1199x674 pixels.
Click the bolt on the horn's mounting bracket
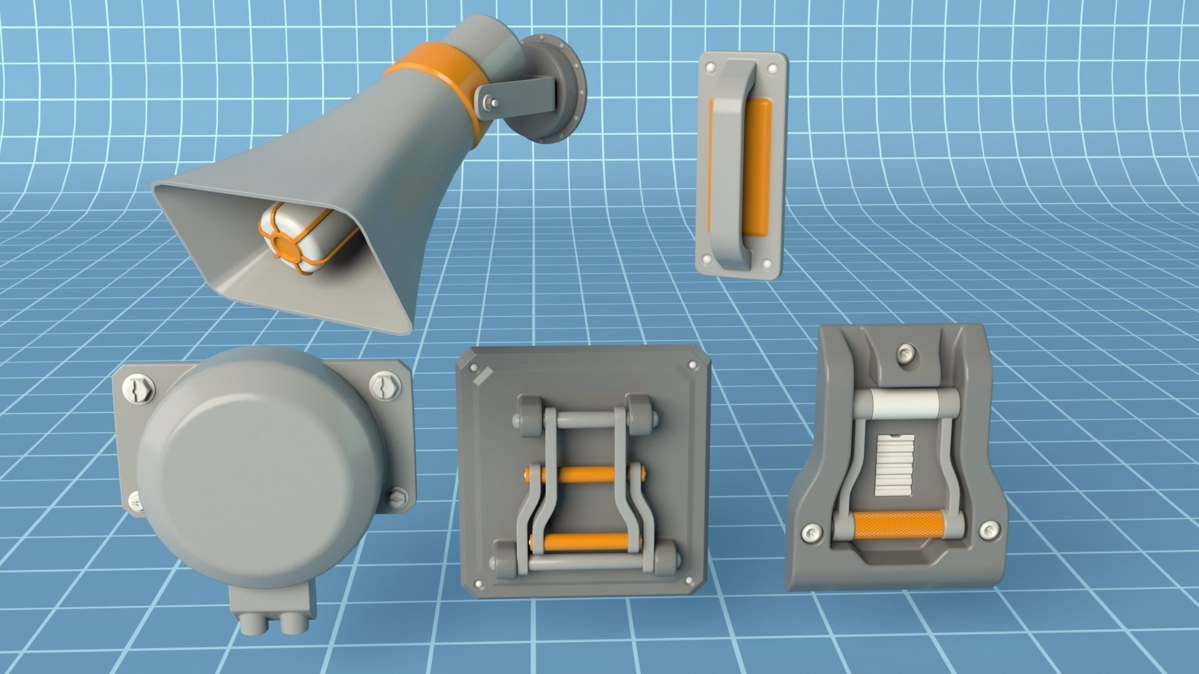pyautogui.click(x=490, y=102)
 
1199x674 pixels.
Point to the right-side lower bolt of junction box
pyautogui.click(x=397, y=497)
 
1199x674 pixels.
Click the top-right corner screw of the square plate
pyautogui.click(x=691, y=365)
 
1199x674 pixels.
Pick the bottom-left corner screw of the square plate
pyautogui.click(x=479, y=584)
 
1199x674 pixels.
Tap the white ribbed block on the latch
pyautogui.click(x=895, y=465)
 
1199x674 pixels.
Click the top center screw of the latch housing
pyautogui.click(x=905, y=354)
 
